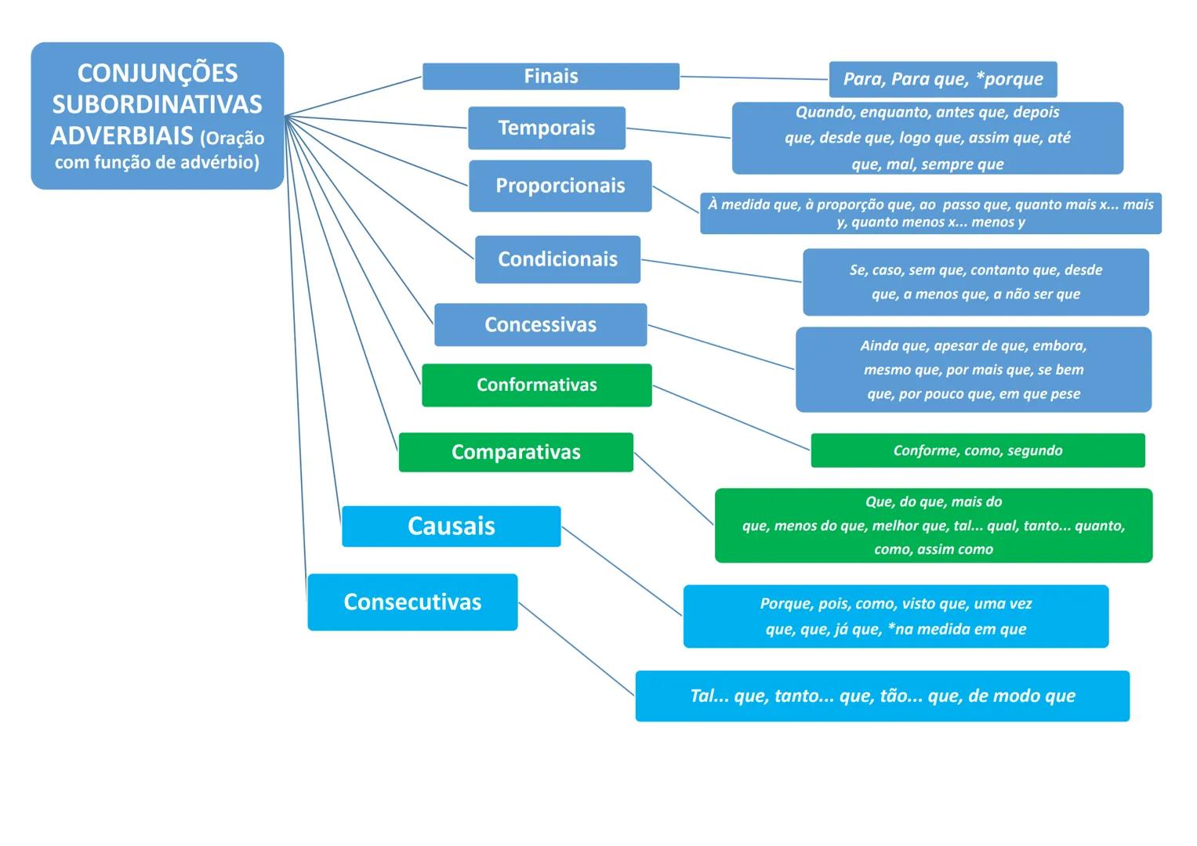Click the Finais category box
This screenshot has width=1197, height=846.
550,77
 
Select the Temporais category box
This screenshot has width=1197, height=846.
546,128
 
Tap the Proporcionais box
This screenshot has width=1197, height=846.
560,186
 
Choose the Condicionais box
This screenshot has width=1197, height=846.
557,259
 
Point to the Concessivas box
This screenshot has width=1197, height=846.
540,324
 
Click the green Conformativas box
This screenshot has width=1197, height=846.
536,385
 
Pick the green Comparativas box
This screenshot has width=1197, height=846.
516,452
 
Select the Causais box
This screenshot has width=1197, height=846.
451,526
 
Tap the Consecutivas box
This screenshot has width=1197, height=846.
412,602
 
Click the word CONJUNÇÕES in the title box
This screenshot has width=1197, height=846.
157,73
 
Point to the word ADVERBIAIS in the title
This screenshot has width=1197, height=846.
122,136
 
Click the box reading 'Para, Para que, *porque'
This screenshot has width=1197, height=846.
942,79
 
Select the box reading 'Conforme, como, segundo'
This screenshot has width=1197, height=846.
978,450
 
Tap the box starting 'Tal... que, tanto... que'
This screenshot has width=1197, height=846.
882,696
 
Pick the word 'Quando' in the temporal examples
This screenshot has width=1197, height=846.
822,112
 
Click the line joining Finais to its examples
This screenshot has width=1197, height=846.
754,78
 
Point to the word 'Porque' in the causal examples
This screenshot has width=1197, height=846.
785,604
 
